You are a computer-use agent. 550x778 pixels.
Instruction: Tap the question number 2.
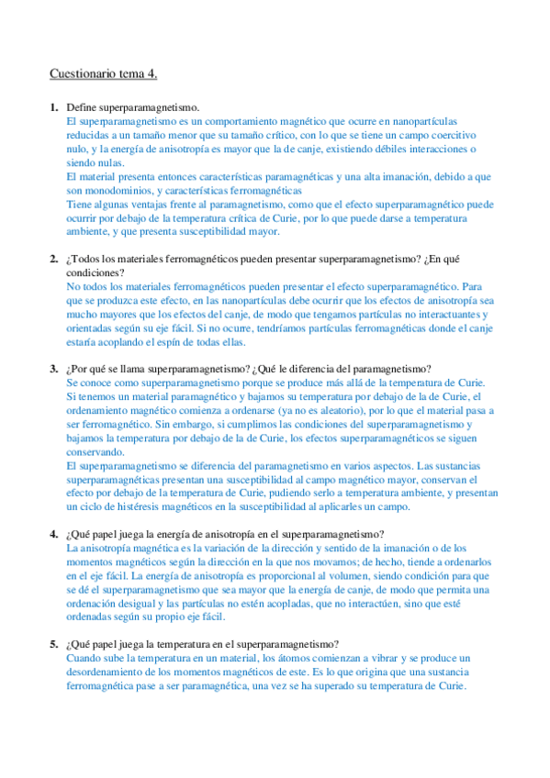[x=53, y=259]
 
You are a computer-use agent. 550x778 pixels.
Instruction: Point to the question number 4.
[x=53, y=534]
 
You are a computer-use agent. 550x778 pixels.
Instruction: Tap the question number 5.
[x=53, y=644]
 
